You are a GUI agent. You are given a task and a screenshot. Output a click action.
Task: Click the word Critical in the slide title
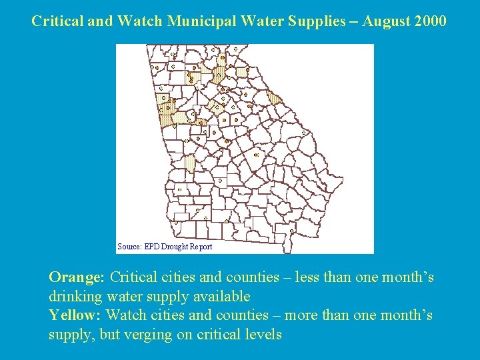point(57,21)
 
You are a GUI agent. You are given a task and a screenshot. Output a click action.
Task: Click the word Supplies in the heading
point(313,21)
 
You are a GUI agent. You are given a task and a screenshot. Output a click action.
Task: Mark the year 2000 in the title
point(431,21)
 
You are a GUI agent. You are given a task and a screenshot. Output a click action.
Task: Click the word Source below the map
point(129,247)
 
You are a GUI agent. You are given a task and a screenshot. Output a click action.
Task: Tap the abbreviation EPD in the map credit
point(151,247)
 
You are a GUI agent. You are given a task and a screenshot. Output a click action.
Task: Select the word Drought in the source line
point(175,247)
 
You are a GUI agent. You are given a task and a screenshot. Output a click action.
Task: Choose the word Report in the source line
point(201,247)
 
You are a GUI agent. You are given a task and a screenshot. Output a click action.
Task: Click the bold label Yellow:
point(75,315)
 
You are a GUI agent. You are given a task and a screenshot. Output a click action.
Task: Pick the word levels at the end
point(265,334)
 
